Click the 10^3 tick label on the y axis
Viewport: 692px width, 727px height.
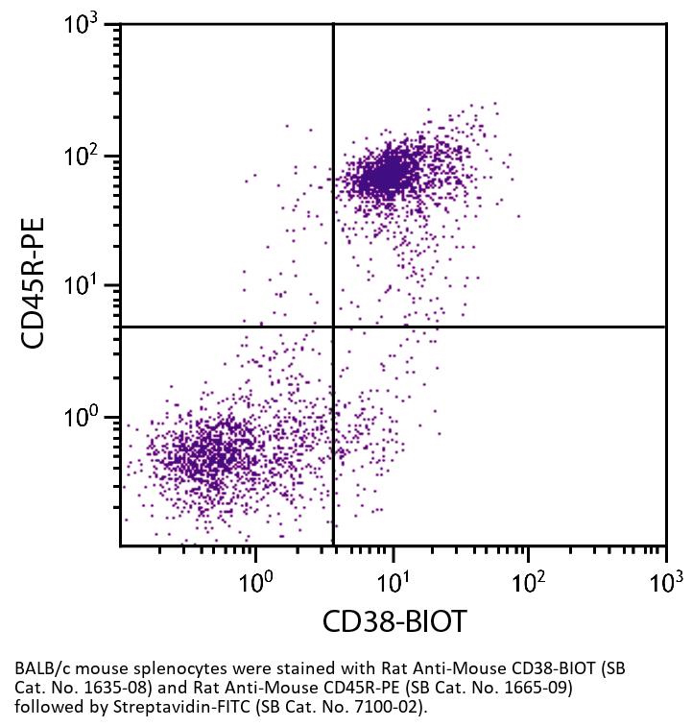[x=87, y=24]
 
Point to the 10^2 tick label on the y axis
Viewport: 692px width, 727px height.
[x=87, y=156]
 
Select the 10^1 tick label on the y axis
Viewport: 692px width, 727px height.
[x=87, y=286]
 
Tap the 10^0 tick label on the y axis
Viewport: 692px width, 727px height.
[x=87, y=418]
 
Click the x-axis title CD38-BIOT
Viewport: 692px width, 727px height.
[x=394, y=621]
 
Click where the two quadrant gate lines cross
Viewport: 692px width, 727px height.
[x=333, y=327]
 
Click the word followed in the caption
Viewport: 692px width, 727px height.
[x=45, y=706]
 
